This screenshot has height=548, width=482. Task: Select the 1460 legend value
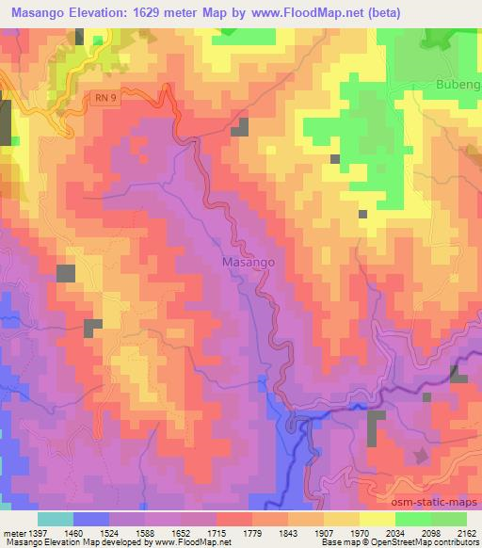pos(89,532)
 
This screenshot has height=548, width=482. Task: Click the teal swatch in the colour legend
pos(56,519)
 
